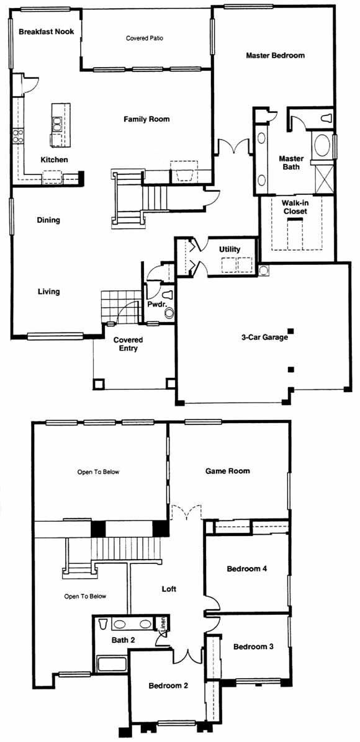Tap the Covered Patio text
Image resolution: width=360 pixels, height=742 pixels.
pos(145,38)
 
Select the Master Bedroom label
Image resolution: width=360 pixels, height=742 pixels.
pos(275,55)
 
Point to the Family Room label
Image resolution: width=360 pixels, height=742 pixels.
pos(146,119)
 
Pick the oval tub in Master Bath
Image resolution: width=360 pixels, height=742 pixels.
pos(323,144)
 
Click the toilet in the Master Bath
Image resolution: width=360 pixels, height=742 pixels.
pos(326,118)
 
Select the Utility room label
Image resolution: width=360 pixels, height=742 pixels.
pos(230,249)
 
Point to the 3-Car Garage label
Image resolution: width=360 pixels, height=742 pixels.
pos(264,337)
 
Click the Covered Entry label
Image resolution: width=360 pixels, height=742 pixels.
pos(128,344)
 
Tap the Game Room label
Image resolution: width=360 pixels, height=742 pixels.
pos(227,471)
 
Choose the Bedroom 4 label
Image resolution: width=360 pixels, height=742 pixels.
pos(247,568)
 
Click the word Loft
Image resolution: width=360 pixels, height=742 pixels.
pos(169,589)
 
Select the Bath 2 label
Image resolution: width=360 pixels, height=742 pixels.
pos(123,640)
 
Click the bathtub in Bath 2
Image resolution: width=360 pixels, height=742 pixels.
pos(112,663)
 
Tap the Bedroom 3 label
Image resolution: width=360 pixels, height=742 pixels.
pos(253,646)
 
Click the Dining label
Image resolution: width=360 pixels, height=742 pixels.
pos(49,220)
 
